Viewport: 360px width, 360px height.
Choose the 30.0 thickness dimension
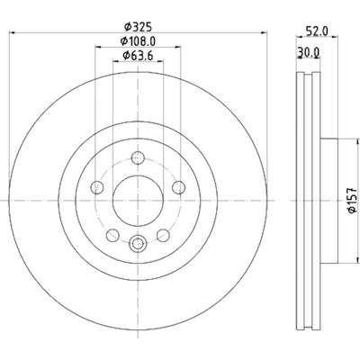tap(308, 53)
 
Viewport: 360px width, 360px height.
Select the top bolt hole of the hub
tap(137, 159)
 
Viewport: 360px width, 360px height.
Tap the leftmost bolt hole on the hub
tap(96, 189)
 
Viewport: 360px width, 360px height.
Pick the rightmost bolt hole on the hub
tap(176, 189)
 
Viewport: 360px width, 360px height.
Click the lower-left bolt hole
tap(112, 236)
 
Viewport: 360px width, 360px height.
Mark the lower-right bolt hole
tap(162, 236)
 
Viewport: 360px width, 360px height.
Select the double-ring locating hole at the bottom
tap(137, 242)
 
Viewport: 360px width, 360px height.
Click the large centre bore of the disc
tap(137, 201)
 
